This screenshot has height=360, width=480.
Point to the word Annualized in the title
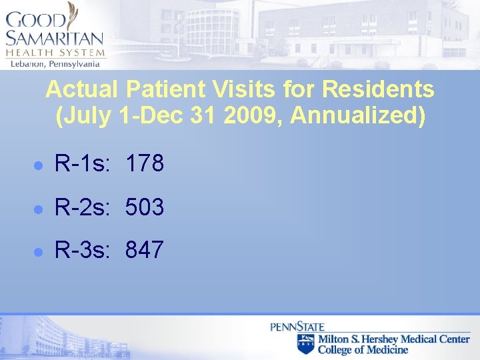(x=354, y=116)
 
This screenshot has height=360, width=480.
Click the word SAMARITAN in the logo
(x=55, y=39)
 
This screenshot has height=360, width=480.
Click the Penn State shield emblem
(x=305, y=343)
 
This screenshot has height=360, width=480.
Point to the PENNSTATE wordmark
(x=297, y=327)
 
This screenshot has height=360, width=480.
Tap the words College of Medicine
(x=363, y=349)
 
